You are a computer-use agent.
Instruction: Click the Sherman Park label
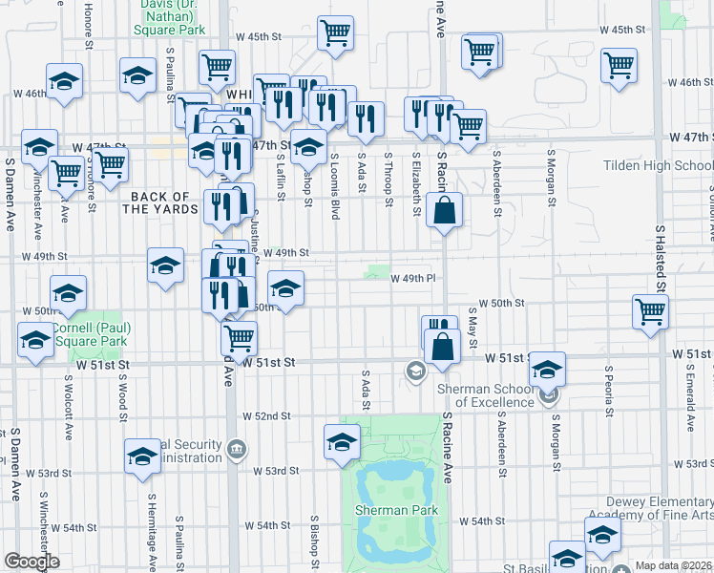396,510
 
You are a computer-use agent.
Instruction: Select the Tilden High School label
658,165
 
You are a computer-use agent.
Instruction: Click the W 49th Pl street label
412,277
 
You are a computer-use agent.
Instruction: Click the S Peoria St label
608,392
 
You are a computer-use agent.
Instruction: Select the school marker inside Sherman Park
342,442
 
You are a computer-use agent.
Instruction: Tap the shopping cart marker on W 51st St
239,336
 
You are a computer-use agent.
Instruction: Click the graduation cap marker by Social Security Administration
142,456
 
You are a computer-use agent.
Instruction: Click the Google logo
31,562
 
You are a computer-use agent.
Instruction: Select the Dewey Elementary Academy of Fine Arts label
659,510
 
